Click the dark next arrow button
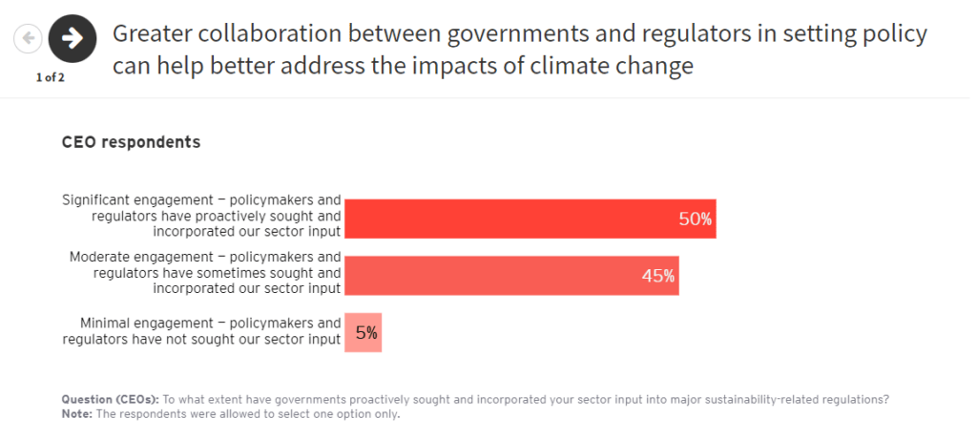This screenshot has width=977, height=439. (72, 38)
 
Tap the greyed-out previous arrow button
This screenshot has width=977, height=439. (29, 38)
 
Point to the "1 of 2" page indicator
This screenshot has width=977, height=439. (50, 77)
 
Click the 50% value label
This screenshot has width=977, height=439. (695, 219)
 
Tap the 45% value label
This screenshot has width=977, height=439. (657, 277)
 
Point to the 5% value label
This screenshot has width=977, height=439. (366, 333)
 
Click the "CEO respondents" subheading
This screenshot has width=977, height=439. (131, 142)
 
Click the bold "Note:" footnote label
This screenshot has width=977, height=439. (78, 414)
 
